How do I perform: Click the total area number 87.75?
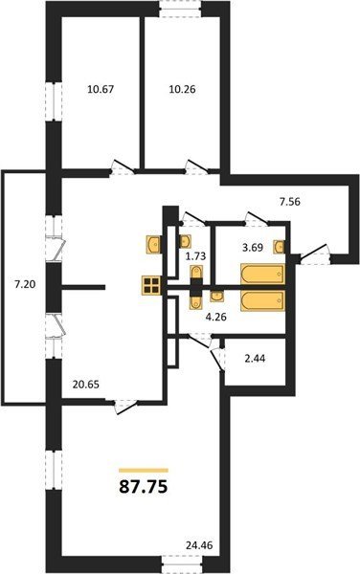(x=144, y=487)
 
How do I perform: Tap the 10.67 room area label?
(x=101, y=89)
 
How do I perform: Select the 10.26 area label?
(x=182, y=89)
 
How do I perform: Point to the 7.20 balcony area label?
(x=25, y=284)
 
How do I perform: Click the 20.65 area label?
(x=86, y=385)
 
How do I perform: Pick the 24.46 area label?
(x=199, y=545)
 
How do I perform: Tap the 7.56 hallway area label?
(x=290, y=201)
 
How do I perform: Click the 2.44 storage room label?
(x=255, y=359)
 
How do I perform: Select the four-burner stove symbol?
(x=151, y=285)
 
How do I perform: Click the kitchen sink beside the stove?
(x=153, y=244)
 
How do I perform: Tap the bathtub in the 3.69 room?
(x=262, y=274)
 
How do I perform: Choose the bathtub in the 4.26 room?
(x=262, y=301)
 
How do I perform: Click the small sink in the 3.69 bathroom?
(x=279, y=247)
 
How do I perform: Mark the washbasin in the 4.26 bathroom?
(x=216, y=296)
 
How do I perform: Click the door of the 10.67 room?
(x=123, y=167)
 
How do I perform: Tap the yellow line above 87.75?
(x=144, y=471)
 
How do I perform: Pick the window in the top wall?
(x=182, y=9)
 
